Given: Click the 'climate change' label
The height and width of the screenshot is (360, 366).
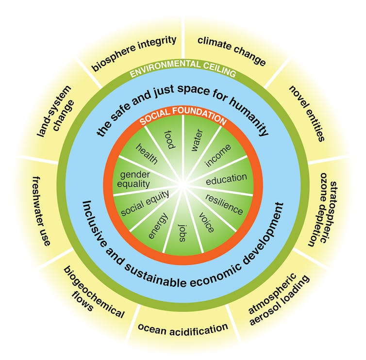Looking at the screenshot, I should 231,50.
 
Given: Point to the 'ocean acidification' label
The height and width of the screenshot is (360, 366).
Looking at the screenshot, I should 183,328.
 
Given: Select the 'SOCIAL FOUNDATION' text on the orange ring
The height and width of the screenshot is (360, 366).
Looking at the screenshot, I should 183,119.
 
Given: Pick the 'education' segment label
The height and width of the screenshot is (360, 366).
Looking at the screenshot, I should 226,179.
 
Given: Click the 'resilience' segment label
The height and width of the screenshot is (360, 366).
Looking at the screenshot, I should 224,204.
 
